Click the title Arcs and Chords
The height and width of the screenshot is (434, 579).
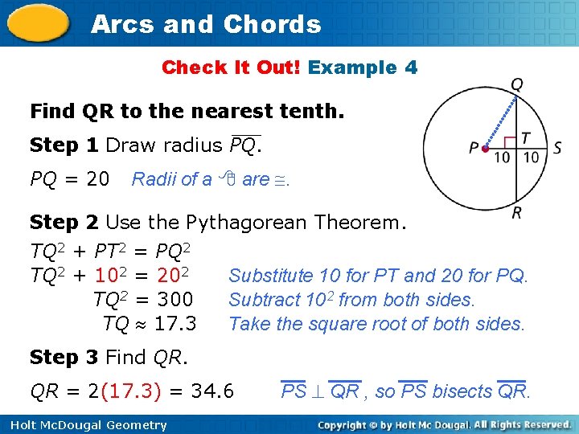(206, 24)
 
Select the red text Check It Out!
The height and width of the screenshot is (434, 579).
(232, 68)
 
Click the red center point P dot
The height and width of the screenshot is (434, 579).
(485, 148)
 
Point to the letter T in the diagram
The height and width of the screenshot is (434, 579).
(525, 137)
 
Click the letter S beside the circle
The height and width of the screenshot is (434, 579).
(557, 148)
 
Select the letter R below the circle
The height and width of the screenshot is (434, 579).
(516, 213)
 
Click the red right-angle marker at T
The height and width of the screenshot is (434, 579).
(511, 143)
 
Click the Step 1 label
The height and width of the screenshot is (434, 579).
(64, 145)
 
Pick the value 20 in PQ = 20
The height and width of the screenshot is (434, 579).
(97, 178)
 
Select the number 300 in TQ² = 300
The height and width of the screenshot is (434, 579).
(175, 300)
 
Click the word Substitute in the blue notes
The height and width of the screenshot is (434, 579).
(271, 276)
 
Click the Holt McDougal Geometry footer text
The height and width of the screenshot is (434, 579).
(84, 425)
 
